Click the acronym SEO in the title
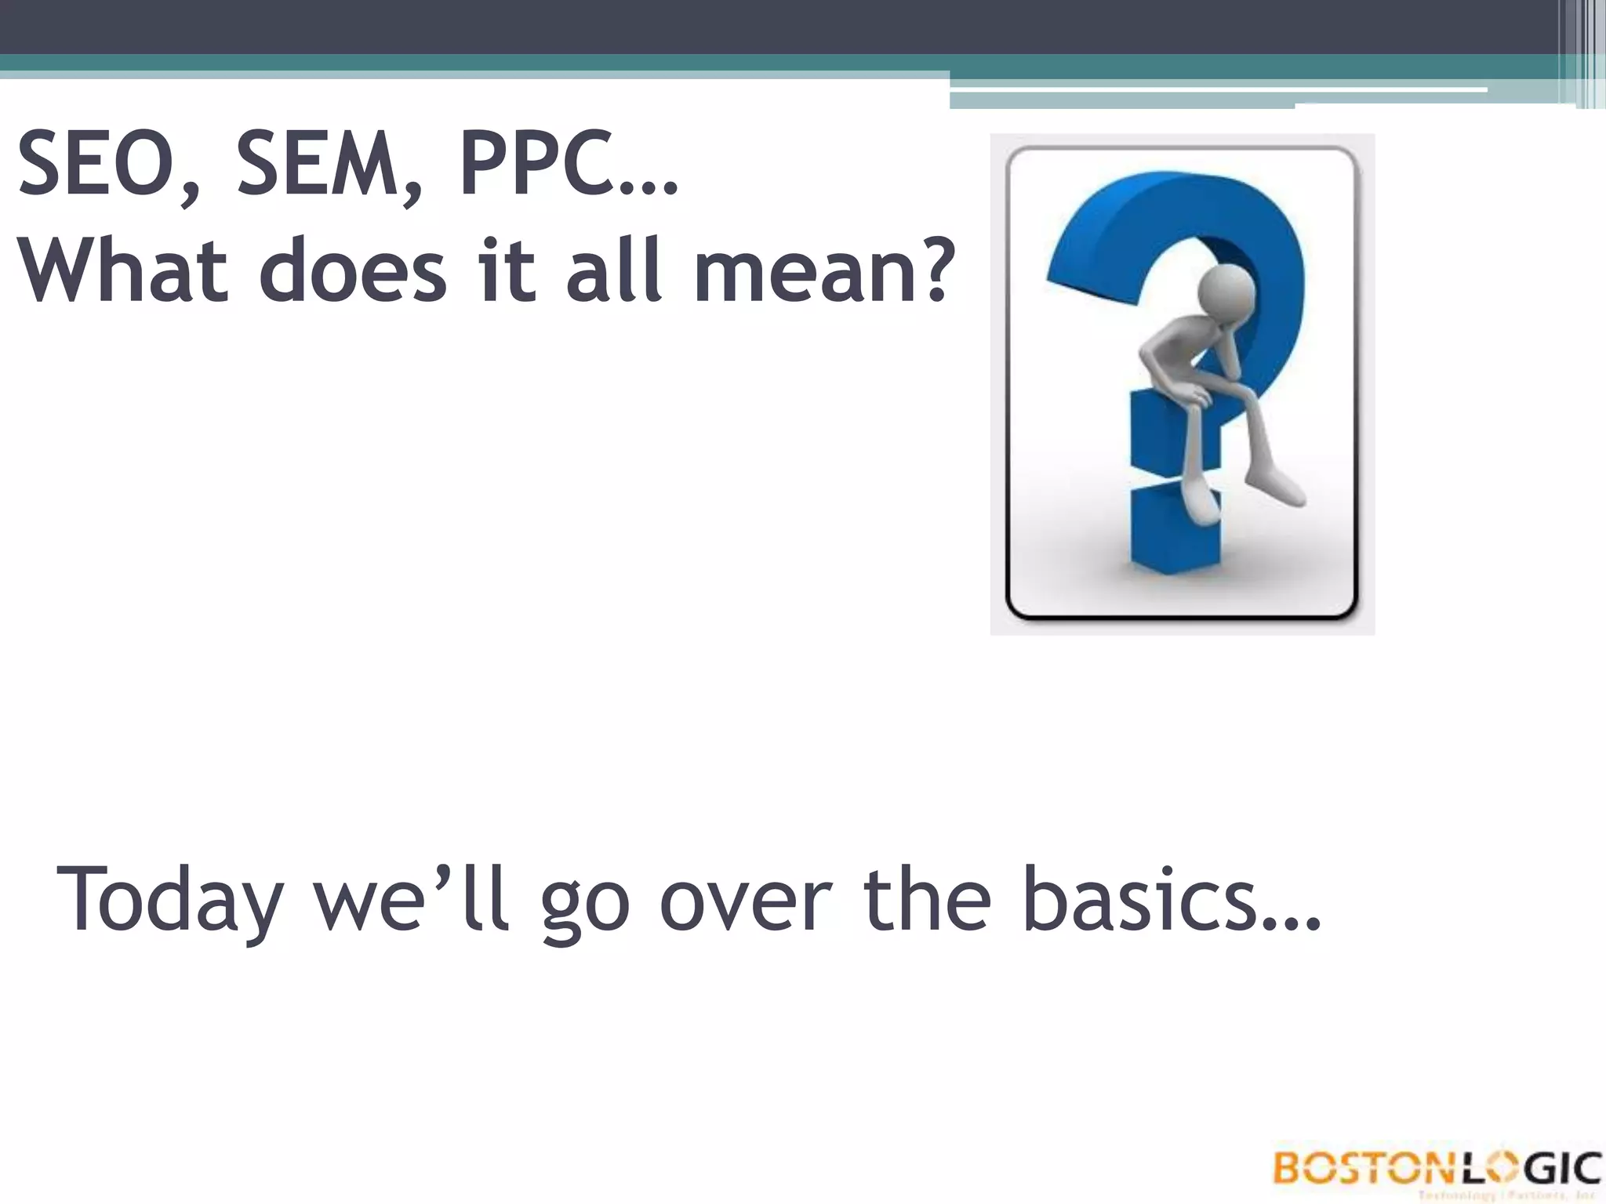(101, 165)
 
